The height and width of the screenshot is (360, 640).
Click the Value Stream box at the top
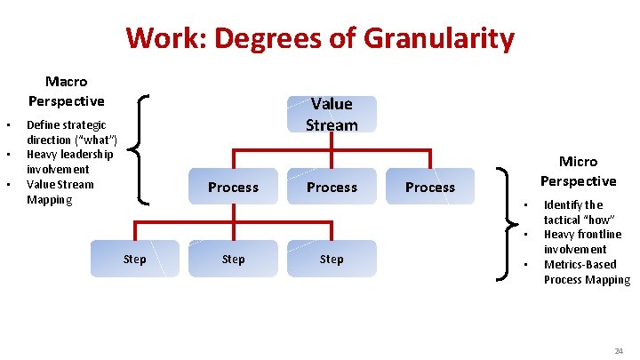pos(332,115)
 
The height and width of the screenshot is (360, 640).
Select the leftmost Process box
pos(233,188)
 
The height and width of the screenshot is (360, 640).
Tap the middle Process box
pos(332,188)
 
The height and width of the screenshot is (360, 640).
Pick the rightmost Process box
pos(430,188)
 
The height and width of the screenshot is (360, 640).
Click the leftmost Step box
pos(135,260)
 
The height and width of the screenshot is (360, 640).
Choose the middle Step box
pos(233,260)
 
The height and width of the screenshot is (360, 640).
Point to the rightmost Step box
pos(332,260)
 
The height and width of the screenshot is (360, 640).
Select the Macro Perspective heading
pos(66,92)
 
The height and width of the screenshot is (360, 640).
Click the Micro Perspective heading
pos(578,171)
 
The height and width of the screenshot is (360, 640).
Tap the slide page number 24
pos(618,352)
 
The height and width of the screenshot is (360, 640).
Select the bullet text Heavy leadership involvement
pos(69,162)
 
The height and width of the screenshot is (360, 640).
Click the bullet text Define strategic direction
pos(67,132)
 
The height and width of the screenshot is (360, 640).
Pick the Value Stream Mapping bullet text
pos(60,192)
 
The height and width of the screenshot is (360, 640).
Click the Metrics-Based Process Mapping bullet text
pos(586,272)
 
